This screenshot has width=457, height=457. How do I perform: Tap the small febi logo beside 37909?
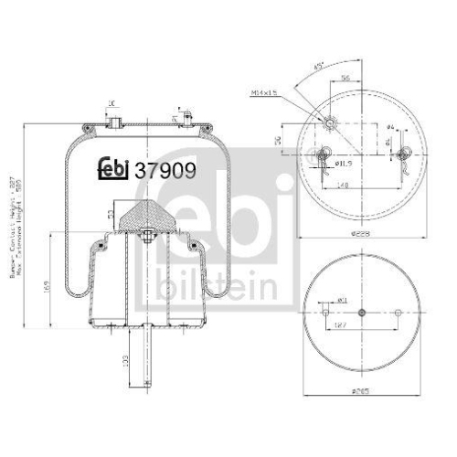(x=113, y=168)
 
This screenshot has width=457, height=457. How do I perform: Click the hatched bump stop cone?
(x=144, y=218)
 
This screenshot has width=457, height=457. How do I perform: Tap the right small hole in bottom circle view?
(x=398, y=314)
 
